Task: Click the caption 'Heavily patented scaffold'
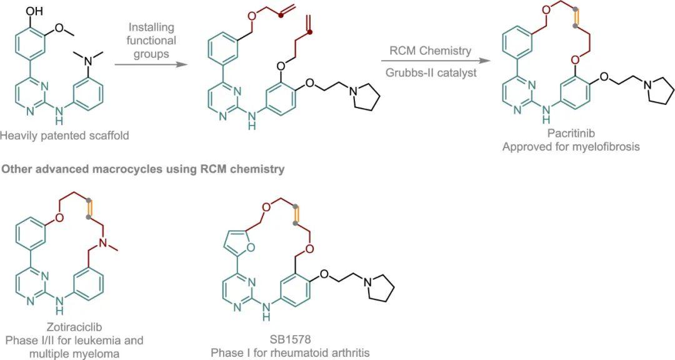65,135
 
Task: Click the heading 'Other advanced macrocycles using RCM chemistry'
143,169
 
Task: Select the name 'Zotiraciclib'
74,328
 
